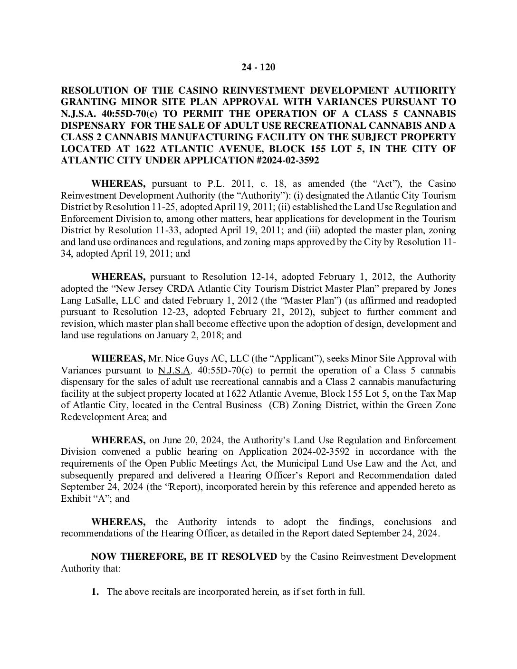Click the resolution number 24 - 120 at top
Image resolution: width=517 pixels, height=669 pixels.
point(258,67)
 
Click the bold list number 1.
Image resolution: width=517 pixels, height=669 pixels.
point(95,592)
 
